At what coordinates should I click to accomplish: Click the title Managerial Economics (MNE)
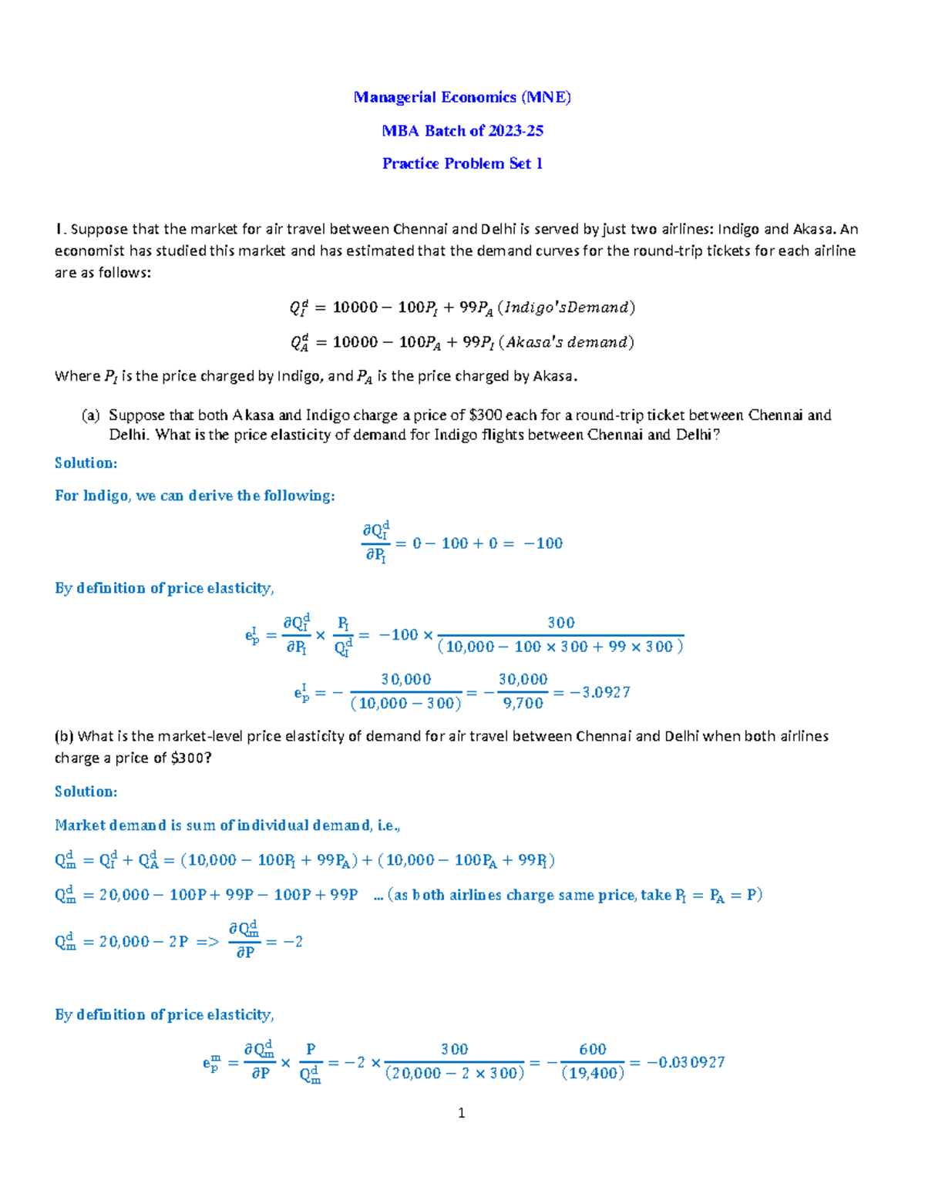(462, 97)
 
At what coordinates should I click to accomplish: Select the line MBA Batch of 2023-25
(462, 130)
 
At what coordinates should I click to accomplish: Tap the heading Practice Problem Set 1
(462, 163)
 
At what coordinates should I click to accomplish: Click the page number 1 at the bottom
(461, 1112)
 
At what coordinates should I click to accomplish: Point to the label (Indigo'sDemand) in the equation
(567, 308)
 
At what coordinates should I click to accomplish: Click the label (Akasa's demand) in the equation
(567, 342)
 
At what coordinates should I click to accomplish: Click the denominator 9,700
(523, 703)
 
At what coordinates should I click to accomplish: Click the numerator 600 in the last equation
(593, 1049)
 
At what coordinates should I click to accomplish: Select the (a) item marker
(90, 415)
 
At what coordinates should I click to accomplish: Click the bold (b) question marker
(63, 736)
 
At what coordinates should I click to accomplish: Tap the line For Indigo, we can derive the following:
(194, 496)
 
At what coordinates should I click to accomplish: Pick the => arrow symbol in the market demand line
(207, 942)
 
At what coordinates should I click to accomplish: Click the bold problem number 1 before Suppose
(59, 229)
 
